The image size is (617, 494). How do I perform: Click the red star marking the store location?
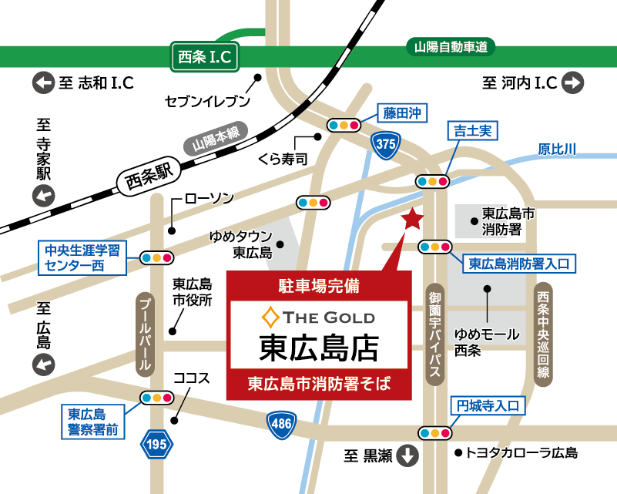point(412,220)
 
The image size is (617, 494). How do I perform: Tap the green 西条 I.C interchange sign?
point(203,56)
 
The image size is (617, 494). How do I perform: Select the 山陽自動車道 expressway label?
point(451,47)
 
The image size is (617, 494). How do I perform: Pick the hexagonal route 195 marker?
point(157,444)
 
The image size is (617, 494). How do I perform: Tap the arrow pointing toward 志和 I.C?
point(42,82)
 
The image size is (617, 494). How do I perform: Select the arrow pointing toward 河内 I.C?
point(572,82)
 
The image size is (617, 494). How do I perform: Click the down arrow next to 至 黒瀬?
point(406,455)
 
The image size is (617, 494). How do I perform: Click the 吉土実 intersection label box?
point(472,131)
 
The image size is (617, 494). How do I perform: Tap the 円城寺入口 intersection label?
point(488,405)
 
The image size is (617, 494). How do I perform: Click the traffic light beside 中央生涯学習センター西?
point(156,257)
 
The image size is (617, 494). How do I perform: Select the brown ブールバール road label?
point(144,333)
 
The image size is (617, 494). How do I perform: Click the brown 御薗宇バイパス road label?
point(435,332)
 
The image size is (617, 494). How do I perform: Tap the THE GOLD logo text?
point(319,316)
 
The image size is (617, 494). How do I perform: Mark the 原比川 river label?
point(557,149)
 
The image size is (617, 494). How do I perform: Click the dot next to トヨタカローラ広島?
point(458,453)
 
